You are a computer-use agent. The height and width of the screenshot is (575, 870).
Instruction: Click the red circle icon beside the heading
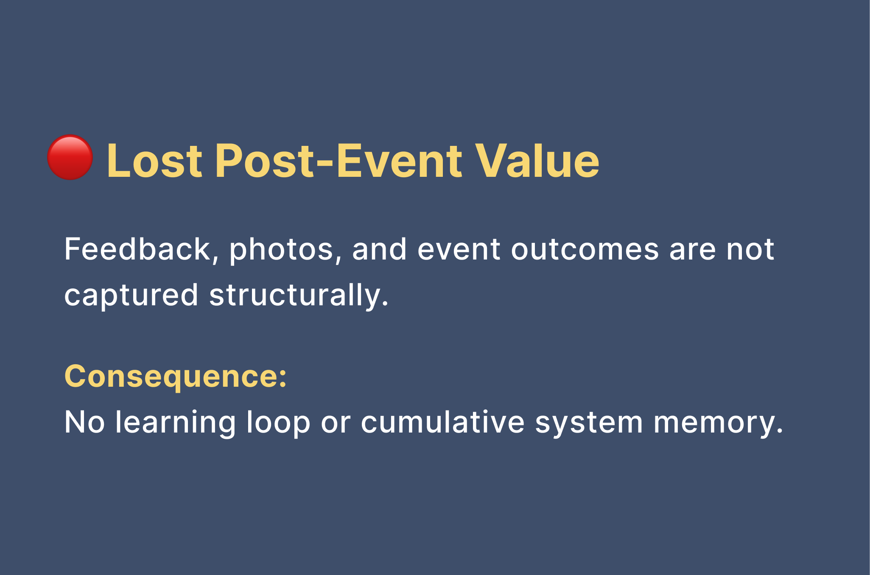click(70, 157)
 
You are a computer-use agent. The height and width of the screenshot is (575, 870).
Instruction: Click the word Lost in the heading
click(154, 161)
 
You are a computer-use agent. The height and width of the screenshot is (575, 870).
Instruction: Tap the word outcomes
click(585, 250)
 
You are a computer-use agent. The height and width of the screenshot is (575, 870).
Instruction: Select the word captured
click(131, 296)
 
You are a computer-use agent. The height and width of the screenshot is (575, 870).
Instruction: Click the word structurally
click(299, 296)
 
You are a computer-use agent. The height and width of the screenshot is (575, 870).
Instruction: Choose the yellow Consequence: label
click(176, 377)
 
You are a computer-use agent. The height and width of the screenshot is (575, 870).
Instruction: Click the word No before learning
click(84, 422)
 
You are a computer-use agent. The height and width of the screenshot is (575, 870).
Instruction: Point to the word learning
click(175, 423)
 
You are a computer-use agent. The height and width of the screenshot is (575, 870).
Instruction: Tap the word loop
click(278, 423)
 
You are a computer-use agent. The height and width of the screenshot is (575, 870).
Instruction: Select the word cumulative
click(442, 422)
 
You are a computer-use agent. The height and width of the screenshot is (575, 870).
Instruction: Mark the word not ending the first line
click(750, 250)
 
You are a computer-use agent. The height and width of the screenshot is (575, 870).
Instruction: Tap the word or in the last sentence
click(336, 424)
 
